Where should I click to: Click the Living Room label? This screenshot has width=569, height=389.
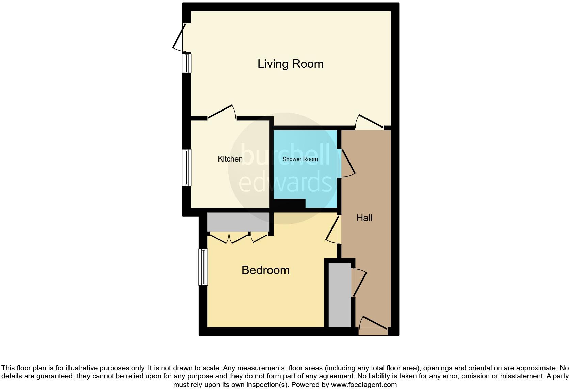click(290, 64)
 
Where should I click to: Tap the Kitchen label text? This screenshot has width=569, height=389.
click(230, 159)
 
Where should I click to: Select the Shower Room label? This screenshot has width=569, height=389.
click(300, 159)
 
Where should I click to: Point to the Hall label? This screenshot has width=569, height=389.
click(364, 218)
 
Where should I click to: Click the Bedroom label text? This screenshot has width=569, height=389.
click(265, 270)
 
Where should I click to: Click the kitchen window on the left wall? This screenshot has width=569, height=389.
click(186, 167)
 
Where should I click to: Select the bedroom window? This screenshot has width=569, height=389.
click(203, 267)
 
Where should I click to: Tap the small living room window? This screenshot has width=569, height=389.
click(186, 63)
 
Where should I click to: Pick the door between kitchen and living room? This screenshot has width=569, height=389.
click(221, 112)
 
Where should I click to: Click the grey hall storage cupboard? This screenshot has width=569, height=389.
click(340, 294)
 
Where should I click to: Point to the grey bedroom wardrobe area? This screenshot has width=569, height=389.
click(238, 222)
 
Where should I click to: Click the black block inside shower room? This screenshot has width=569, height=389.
click(289, 204)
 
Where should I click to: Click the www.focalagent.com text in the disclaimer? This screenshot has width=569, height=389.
click(364, 385)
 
